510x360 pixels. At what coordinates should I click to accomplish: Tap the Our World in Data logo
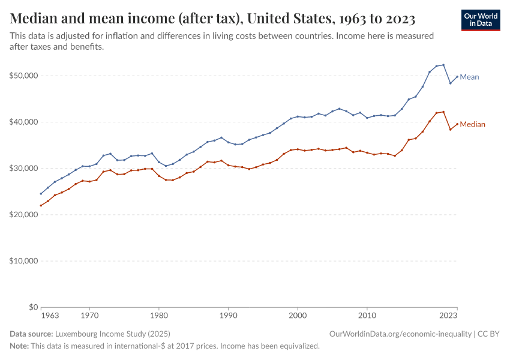click(x=480, y=20)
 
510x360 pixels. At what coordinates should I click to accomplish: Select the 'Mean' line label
click(x=469, y=77)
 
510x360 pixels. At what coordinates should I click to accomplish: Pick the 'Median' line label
click(x=472, y=124)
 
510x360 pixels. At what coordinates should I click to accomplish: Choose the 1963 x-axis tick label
click(x=50, y=314)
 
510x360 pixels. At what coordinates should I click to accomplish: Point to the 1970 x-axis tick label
click(x=89, y=314)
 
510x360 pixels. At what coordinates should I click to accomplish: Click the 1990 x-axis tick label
click(x=228, y=314)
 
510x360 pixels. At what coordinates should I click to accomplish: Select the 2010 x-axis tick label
click(x=367, y=314)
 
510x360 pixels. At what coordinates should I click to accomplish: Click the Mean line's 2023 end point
click(x=457, y=76)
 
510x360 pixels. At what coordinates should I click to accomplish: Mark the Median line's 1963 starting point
click(x=41, y=205)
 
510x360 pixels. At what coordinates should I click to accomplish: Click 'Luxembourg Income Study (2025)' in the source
click(x=112, y=334)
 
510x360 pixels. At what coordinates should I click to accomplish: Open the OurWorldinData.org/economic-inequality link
click(x=401, y=334)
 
